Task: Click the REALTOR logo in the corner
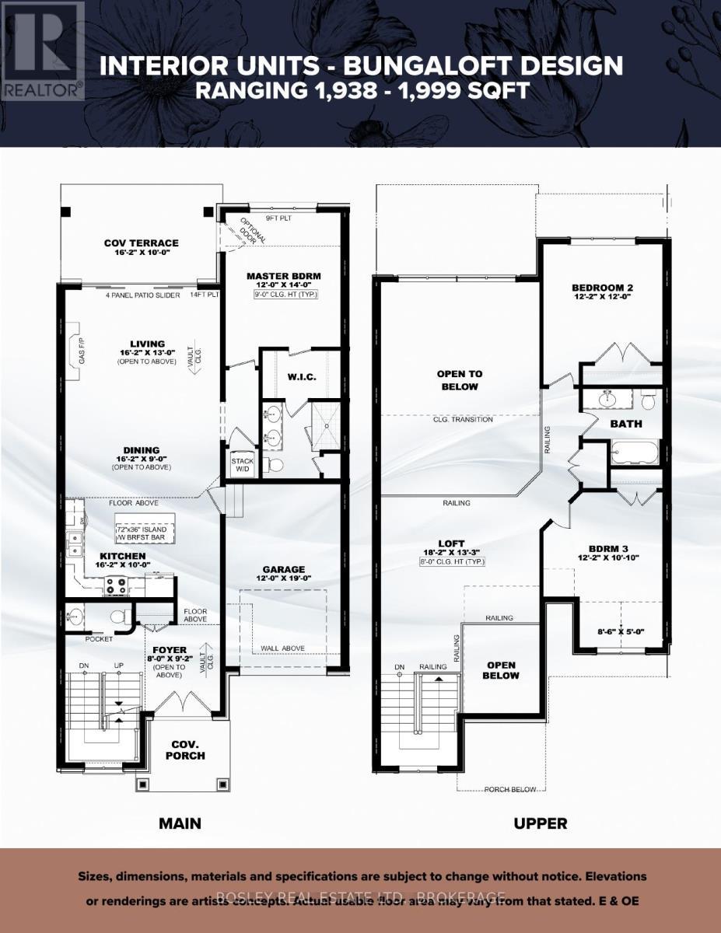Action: point(43,51)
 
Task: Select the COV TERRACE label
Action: point(141,243)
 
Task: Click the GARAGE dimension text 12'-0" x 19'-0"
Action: point(283,579)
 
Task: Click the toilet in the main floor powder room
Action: point(120,617)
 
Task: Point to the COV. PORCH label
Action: point(185,750)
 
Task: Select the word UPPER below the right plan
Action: point(541,823)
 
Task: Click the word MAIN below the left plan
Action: point(180,823)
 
